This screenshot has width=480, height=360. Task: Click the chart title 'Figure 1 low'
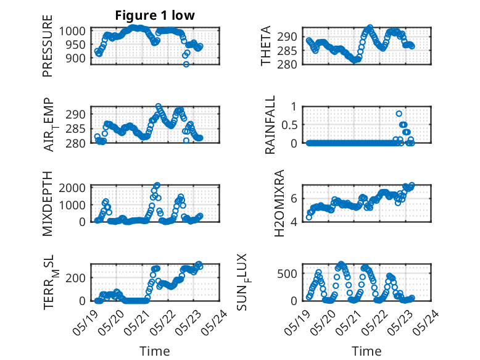click(x=155, y=15)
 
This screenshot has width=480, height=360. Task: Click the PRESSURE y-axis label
click(x=48, y=46)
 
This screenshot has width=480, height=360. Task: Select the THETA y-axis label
click(x=266, y=46)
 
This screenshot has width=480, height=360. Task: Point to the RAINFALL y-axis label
click(x=270, y=125)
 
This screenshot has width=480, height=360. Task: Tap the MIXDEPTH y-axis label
click(x=48, y=204)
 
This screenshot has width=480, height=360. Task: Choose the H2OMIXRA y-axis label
click(x=279, y=203)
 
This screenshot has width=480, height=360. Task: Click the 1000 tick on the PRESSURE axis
click(x=72, y=31)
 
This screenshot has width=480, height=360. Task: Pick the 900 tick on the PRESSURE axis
click(x=76, y=58)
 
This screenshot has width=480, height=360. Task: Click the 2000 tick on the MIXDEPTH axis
click(x=72, y=188)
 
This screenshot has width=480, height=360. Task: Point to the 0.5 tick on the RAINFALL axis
click(x=289, y=125)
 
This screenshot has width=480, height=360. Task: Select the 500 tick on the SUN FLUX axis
click(x=287, y=274)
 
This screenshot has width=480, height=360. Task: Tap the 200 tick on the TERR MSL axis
click(x=76, y=278)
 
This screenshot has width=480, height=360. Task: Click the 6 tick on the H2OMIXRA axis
click(x=294, y=199)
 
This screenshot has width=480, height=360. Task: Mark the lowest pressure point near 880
click(x=186, y=64)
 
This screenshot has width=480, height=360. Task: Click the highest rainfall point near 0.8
click(x=399, y=114)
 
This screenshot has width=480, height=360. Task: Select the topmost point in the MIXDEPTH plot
click(x=157, y=185)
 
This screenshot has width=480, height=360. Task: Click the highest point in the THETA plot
click(x=370, y=27)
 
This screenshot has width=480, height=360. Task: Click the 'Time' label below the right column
click(x=366, y=351)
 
